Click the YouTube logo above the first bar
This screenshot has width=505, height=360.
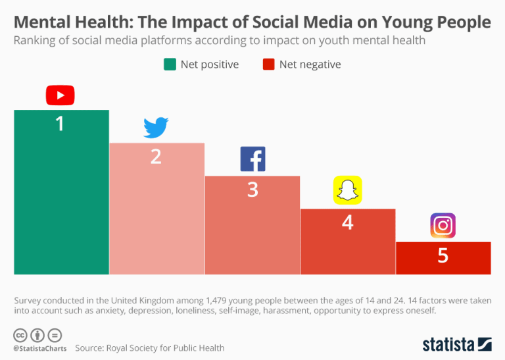click(60, 95)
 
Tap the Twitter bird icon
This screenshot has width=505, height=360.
click(156, 128)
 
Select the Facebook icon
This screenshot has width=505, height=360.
click(252, 160)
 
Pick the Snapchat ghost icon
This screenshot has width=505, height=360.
click(347, 191)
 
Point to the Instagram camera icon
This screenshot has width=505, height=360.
click(443, 226)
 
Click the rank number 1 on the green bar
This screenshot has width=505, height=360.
click(60, 123)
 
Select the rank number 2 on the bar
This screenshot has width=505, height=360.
click(156, 157)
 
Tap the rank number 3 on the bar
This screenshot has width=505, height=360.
click(252, 190)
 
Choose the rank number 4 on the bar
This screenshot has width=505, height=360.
click(347, 222)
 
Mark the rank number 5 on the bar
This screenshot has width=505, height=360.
click(443, 255)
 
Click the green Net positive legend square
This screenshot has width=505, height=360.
click(169, 64)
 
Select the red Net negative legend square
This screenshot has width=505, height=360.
click(268, 64)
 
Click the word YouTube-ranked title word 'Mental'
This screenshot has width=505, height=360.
click(42, 22)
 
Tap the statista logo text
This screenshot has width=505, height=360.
click(448, 344)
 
